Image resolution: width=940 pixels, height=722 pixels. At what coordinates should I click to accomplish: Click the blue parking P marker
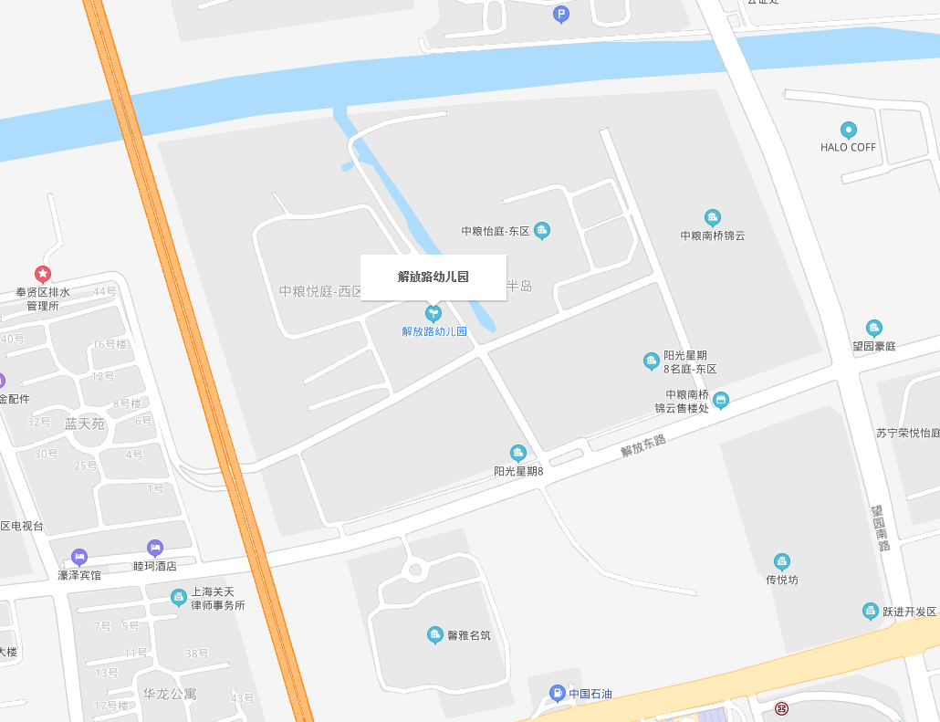click(x=561, y=14)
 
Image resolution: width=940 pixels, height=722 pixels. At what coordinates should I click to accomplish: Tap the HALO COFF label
click(x=848, y=147)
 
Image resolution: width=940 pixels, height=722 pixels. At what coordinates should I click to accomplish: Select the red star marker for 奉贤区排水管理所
click(x=43, y=273)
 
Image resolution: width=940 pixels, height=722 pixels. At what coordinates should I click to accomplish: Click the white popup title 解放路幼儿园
click(x=433, y=277)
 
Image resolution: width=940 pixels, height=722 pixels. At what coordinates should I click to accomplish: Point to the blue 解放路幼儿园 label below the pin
click(x=434, y=331)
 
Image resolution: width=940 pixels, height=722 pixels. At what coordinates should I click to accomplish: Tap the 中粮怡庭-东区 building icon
click(x=542, y=230)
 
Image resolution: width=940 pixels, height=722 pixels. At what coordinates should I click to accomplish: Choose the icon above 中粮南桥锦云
click(x=713, y=217)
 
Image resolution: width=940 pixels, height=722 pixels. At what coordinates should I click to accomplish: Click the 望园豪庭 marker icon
click(x=874, y=328)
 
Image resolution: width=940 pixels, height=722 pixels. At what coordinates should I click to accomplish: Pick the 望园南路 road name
click(x=880, y=528)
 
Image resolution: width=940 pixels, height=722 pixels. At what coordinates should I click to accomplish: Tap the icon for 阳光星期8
click(x=518, y=453)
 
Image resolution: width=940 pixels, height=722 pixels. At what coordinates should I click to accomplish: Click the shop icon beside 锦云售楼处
click(x=721, y=401)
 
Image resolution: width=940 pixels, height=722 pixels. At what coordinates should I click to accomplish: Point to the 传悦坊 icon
click(x=782, y=561)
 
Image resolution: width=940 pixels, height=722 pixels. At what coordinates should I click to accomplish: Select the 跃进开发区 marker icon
click(x=871, y=611)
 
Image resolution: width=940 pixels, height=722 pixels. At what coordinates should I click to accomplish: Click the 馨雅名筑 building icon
click(x=435, y=634)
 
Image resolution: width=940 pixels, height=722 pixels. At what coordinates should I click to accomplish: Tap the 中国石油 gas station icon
click(x=557, y=694)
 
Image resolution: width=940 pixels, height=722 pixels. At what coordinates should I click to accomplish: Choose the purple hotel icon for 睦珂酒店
click(x=155, y=548)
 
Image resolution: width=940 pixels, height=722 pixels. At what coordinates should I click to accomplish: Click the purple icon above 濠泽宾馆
click(x=79, y=557)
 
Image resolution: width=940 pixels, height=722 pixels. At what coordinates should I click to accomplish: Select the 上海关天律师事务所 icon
click(x=179, y=597)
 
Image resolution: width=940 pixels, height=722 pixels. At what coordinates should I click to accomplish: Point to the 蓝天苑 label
click(x=85, y=424)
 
